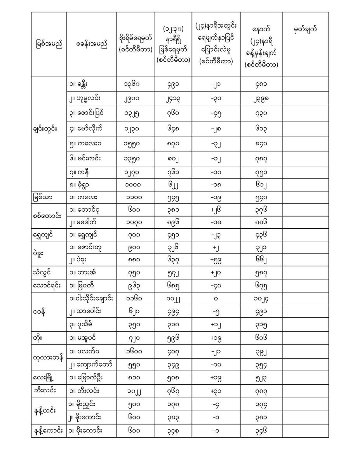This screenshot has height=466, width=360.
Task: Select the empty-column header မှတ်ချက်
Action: pos(305,29)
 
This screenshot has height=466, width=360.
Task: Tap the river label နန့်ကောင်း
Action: pos(49,431)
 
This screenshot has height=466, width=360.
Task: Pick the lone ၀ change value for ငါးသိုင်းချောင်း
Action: pos(216,299)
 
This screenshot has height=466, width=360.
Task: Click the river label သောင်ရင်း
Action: pos(47,286)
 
